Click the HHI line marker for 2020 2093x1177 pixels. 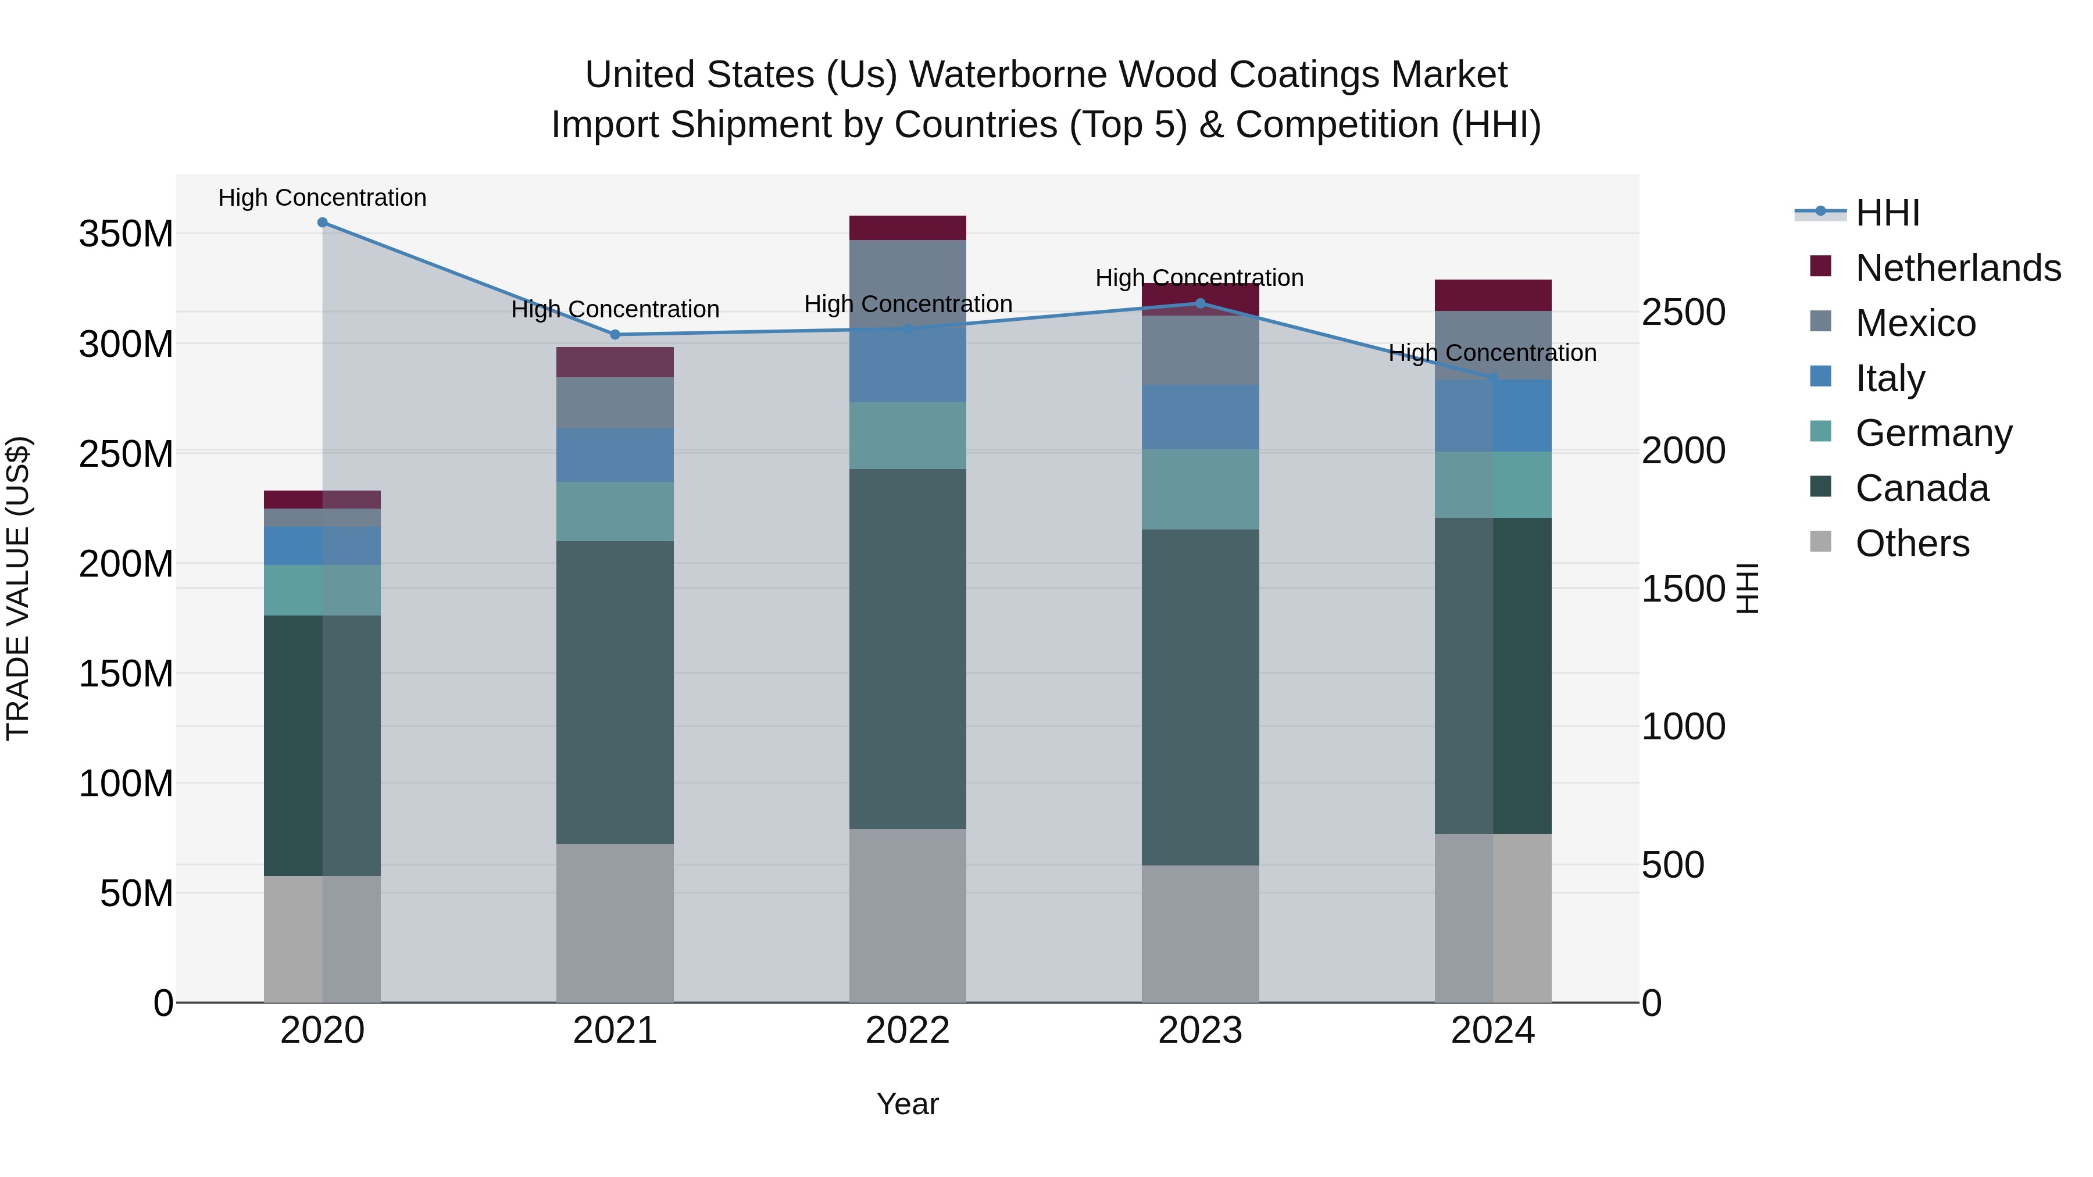tap(323, 223)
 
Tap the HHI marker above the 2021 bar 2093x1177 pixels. tap(615, 335)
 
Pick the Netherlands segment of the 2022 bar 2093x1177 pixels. tap(908, 228)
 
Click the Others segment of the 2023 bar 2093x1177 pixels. tap(1200, 933)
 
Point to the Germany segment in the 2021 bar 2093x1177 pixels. tap(615, 511)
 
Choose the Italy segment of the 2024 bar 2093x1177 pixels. tap(1492, 416)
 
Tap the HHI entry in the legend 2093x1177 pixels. tap(1887, 213)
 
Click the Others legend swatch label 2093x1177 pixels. tap(1912, 543)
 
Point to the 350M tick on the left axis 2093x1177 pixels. tap(126, 234)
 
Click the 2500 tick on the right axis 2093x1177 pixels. tap(1684, 313)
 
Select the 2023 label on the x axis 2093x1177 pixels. tap(1200, 1031)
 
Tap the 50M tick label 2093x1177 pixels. tap(137, 893)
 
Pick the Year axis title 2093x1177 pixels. tap(908, 1104)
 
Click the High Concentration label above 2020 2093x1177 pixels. tap(323, 198)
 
